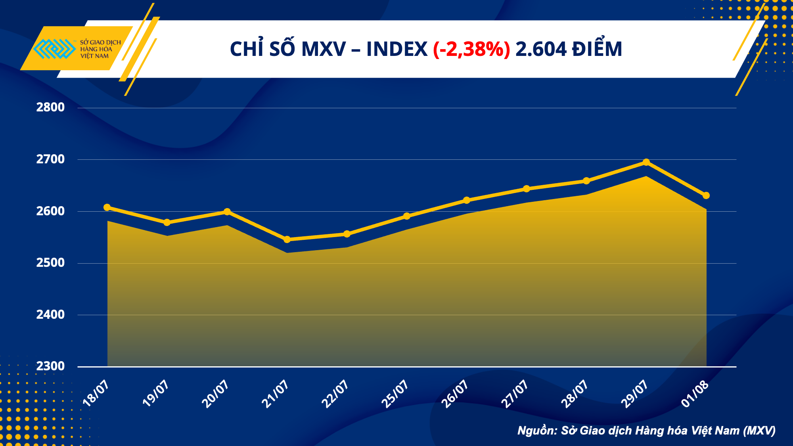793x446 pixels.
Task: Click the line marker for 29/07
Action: point(646,162)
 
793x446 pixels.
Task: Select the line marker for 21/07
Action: point(287,239)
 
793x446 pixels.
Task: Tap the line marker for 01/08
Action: point(706,195)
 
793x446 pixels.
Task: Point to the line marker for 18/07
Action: point(107,207)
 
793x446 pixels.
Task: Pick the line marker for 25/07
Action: point(406,216)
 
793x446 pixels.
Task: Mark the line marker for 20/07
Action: point(227,212)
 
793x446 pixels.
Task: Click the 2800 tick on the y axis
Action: point(50,107)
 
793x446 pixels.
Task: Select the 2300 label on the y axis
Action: point(50,366)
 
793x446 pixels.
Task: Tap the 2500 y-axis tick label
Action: point(50,263)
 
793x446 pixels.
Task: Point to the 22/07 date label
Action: point(335,393)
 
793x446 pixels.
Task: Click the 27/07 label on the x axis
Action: point(515,393)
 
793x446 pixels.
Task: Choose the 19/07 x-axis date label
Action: point(156,393)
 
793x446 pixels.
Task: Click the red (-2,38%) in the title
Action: point(471,50)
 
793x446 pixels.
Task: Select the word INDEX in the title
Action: point(396,50)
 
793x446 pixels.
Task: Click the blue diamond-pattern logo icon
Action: point(54,49)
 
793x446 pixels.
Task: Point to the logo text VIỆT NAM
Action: point(94,56)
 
